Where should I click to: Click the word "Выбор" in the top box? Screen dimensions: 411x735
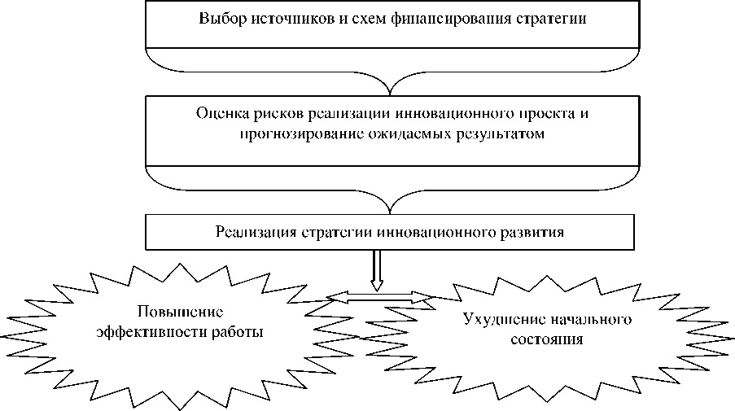click(219, 18)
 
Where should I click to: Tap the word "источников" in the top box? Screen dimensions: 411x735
click(281, 18)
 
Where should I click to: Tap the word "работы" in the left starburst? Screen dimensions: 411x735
click(242, 332)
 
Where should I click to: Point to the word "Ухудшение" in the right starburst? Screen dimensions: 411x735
click(496, 319)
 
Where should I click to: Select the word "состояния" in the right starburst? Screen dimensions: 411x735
click(549, 339)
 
